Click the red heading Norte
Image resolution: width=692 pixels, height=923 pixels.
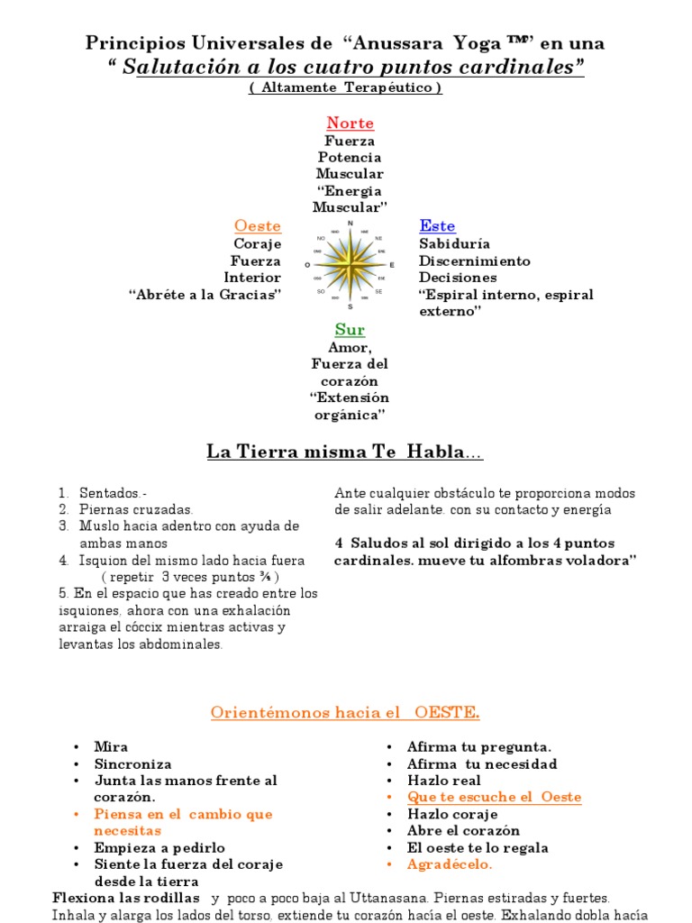(350, 123)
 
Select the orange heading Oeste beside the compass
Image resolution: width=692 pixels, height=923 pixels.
(258, 225)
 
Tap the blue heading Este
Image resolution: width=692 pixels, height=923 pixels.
(437, 225)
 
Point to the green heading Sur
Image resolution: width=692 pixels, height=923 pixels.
(350, 330)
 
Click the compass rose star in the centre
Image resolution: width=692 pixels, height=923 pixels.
(350, 265)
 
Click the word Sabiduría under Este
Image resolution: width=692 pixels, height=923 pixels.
(454, 243)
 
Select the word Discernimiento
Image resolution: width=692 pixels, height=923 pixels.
(475, 260)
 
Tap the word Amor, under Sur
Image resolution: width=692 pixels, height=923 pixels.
(350, 347)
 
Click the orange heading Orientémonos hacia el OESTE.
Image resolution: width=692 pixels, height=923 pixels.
(345, 713)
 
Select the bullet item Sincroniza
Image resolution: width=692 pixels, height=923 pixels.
(132, 763)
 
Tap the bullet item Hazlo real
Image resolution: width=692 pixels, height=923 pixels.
(444, 781)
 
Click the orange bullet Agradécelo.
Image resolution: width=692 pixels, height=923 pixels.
(450, 864)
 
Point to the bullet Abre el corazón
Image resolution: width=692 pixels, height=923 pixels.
(463, 830)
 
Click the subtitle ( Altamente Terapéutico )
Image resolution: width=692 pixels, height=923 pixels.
(345, 87)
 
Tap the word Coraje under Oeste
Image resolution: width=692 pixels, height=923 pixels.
(258, 243)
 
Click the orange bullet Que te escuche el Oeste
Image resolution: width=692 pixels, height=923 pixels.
(494, 797)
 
